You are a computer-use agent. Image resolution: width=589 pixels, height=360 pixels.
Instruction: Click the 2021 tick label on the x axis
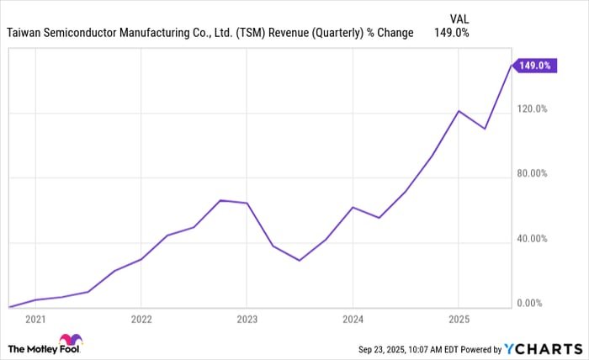click(x=35, y=320)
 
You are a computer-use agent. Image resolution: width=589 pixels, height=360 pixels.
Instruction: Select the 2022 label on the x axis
click(x=141, y=320)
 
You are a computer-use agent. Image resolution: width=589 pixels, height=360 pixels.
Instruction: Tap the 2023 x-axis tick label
click(x=247, y=320)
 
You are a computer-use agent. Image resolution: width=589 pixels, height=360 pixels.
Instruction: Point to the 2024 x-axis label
click(x=353, y=320)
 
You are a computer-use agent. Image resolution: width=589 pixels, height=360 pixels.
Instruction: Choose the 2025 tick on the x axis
click(x=458, y=320)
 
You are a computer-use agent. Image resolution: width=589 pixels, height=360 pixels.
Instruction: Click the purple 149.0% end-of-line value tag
click(x=534, y=65)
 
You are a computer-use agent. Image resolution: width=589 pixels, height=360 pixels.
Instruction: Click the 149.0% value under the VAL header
click(x=451, y=33)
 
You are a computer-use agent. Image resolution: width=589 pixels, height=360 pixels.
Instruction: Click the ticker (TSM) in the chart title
click(x=253, y=33)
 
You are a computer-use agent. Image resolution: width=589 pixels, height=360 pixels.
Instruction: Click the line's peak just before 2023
click(x=220, y=200)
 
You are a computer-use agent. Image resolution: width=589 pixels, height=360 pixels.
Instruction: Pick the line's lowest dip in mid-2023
click(x=300, y=260)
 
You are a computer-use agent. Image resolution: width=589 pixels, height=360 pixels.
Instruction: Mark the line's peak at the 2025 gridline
click(x=458, y=111)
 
